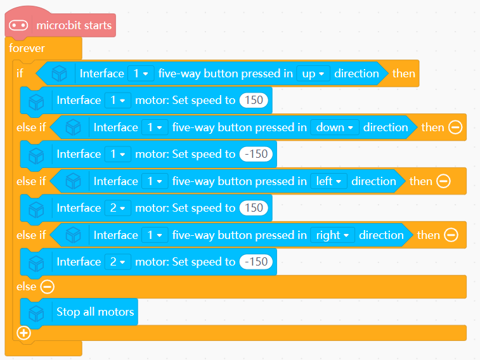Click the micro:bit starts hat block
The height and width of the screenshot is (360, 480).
click(74, 25)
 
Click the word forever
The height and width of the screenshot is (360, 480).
click(27, 48)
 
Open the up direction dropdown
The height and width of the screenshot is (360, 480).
click(313, 74)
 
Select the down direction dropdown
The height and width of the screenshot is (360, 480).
click(334, 127)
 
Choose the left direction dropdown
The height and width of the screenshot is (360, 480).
click(329, 181)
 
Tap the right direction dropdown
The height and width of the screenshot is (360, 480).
click(332, 235)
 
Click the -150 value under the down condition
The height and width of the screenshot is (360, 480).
click(257, 154)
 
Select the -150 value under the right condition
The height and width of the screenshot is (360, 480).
click(256, 262)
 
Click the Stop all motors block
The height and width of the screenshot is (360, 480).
click(95, 312)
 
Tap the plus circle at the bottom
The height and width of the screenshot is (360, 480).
click(24, 333)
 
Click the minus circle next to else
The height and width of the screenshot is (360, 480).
click(48, 286)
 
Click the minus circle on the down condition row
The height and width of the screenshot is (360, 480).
click(455, 127)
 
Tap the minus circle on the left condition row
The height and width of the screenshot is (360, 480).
click(443, 181)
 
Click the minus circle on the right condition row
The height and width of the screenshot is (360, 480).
click(450, 235)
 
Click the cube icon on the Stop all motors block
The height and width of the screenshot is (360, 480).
click(36, 312)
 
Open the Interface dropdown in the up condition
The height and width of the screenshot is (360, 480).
click(141, 74)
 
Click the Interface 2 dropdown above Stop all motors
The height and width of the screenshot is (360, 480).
click(117, 262)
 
